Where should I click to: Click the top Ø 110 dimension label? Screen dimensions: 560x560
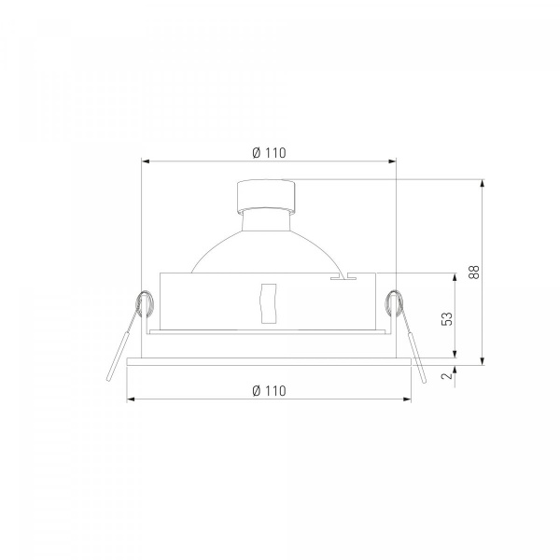coord(269,153)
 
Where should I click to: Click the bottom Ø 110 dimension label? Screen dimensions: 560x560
coord(269,391)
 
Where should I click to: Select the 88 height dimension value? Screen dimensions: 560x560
coord(474,273)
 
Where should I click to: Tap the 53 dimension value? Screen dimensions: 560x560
coord(447,318)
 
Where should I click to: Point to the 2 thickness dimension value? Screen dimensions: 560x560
coord(447,376)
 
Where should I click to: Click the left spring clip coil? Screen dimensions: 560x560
coord(144,304)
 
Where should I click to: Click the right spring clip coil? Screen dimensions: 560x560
coord(394,303)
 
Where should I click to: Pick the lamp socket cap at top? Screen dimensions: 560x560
coord(266,196)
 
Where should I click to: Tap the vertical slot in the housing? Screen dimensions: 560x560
coord(269,303)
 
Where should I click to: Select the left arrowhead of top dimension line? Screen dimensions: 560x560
coord(145,161)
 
